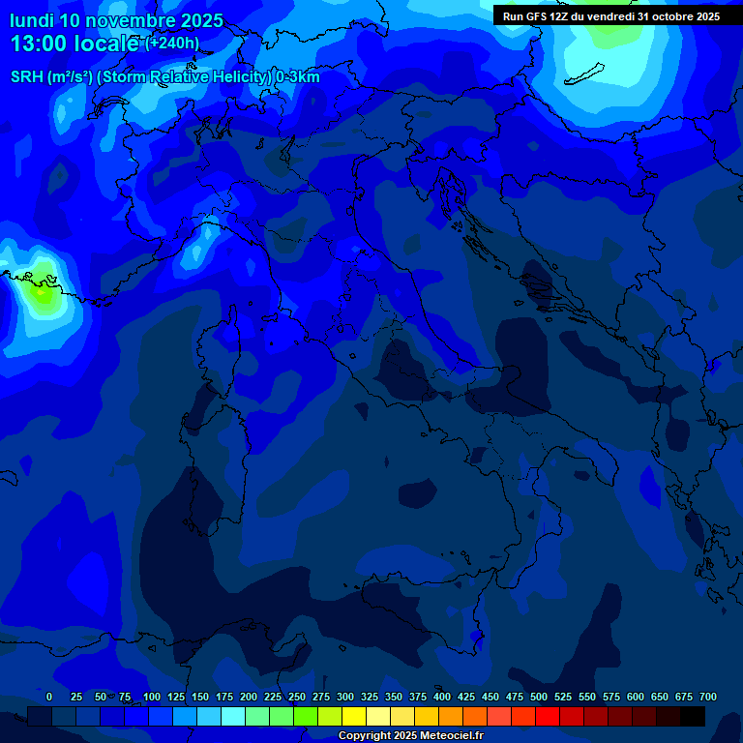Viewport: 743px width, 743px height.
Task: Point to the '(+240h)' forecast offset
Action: tap(172, 43)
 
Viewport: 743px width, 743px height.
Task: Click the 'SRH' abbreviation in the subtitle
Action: tap(27, 77)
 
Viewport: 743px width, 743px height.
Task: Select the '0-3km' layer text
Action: tap(297, 77)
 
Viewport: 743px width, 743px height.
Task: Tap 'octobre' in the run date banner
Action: tap(669, 16)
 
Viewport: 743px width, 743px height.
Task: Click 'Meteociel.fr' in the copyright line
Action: tap(445, 736)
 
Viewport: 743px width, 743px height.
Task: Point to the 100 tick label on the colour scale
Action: tap(152, 697)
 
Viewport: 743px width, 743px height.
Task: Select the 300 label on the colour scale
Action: tap(345, 697)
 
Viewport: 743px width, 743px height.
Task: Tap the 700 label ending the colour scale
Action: tap(708, 697)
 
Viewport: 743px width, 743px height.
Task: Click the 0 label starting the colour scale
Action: tap(49, 697)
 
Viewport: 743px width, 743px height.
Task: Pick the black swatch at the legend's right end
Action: tap(693, 716)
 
